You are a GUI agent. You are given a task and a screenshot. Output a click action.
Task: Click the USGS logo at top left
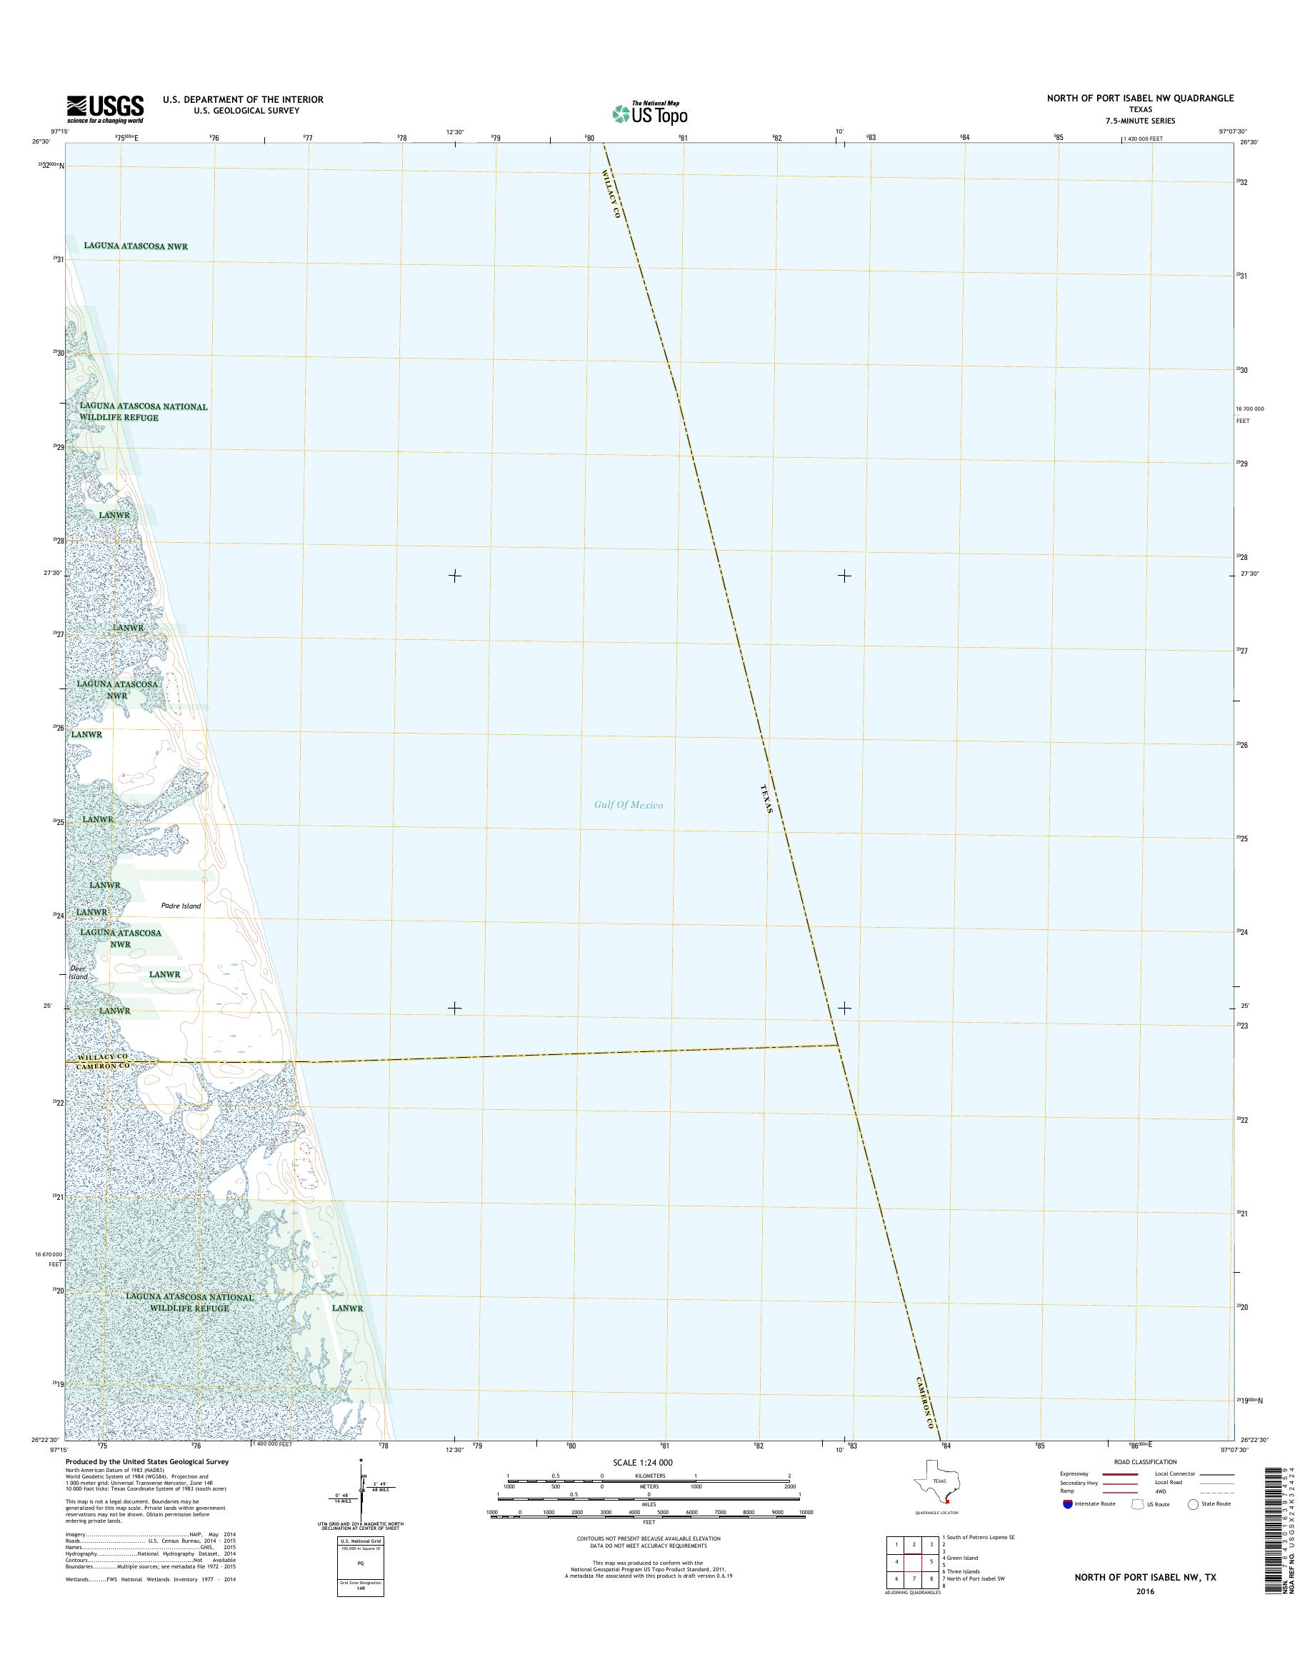point(104,109)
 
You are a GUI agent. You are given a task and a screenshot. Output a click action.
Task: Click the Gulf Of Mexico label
point(629,804)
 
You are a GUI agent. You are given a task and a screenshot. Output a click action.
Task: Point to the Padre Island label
point(181,906)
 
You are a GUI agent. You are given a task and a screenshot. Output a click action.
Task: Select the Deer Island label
point(79,973)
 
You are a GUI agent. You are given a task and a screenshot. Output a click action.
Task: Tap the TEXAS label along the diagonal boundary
point(767,799)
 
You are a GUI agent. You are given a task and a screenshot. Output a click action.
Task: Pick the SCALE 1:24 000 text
point(642,1462)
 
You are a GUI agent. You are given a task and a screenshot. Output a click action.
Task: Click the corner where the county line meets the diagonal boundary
point(837,1044)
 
